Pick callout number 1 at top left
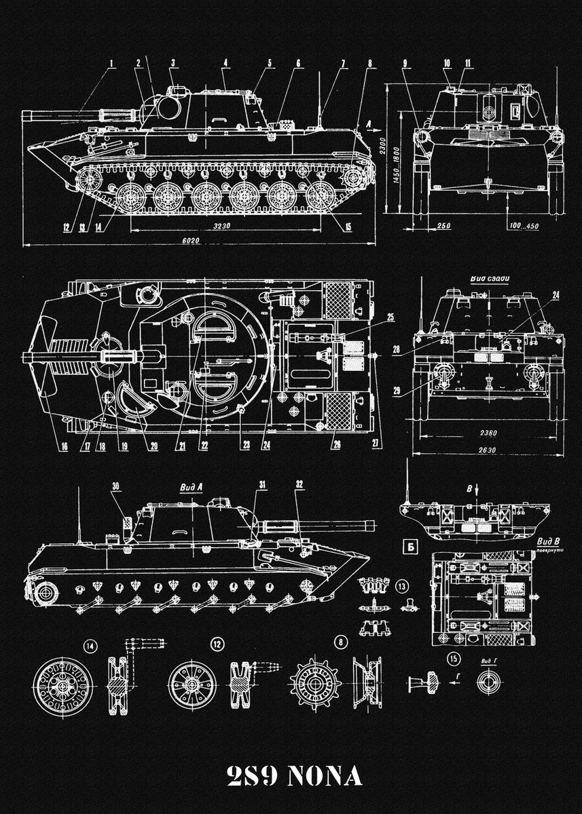(x=111, y=64)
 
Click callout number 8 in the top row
(x=369, y=64)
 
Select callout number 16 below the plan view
(x=65, y=446)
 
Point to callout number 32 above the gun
(x=299, y=484)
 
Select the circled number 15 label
(x=454, y=657)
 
